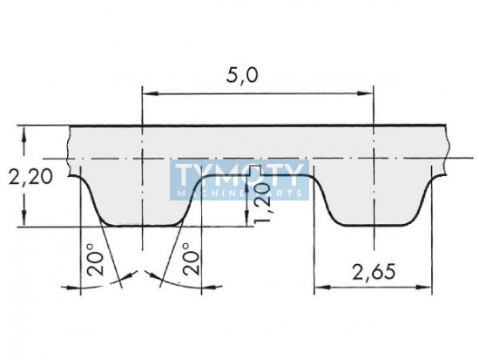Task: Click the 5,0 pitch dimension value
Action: (x=242, y=76)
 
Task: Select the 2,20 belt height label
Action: (x=30, y=177)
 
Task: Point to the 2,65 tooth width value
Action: (x=374, y=272)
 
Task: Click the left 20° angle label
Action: (x=95, y=260)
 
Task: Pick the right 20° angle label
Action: (x=192, y=260)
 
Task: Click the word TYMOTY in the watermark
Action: (x=240, y=175)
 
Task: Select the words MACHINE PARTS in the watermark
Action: (x=240, y=194)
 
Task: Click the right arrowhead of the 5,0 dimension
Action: (x=366, y=93)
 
